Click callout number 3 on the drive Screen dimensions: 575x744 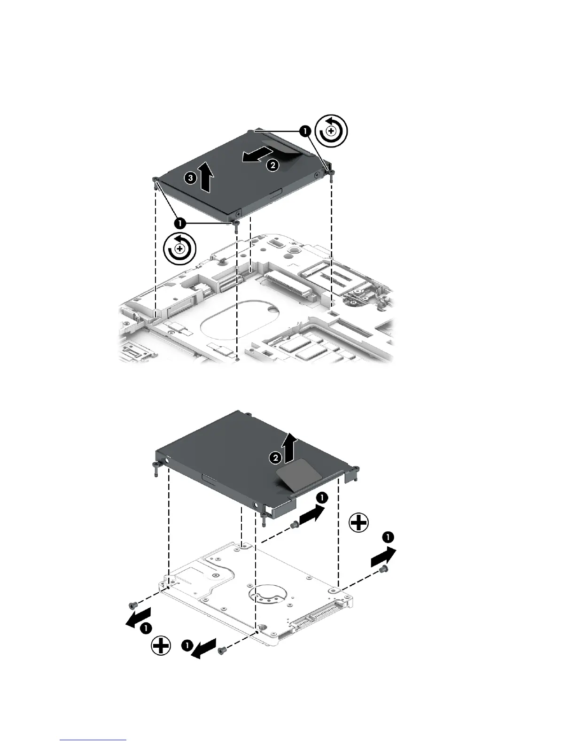(x=190, y=178)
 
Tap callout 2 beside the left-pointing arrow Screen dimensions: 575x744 (x=271, y=164)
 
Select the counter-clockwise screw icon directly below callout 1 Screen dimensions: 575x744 (x=179, y=248)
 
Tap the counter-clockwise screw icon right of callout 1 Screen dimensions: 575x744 (x=331, y=129)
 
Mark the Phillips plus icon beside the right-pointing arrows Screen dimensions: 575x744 (x=359, y=522)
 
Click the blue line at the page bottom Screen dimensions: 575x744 (x=93, y=740)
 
